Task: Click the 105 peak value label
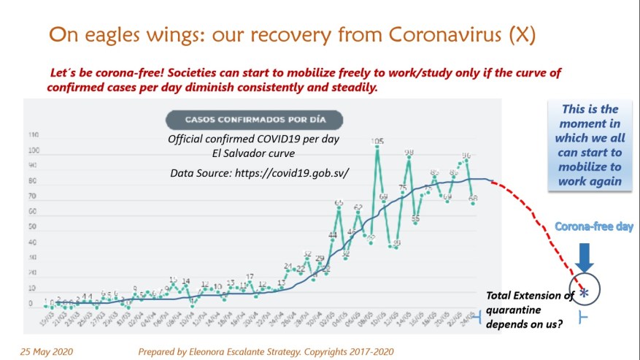coord(377,141)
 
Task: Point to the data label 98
coord(409,153)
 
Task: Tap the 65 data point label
coord(339,203)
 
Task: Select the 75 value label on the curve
coord(402,188)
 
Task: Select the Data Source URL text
coord(259,173)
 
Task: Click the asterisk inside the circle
coord(584,293)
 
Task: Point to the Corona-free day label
coord(594,227)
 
